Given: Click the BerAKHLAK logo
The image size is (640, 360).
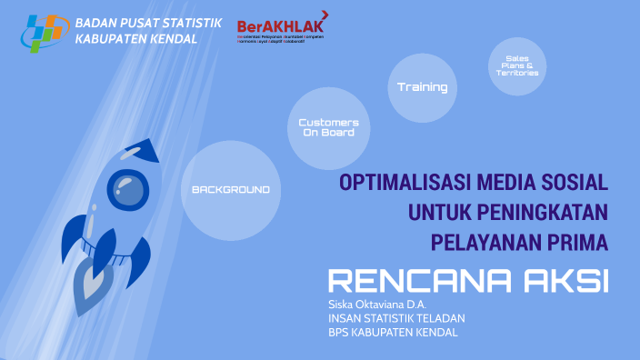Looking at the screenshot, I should coord(280,29).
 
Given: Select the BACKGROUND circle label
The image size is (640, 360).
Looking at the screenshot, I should coord(231,190).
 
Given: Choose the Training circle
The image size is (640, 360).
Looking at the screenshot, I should coord(422,88).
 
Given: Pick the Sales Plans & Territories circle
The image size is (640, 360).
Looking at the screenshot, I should coord(517,65).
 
